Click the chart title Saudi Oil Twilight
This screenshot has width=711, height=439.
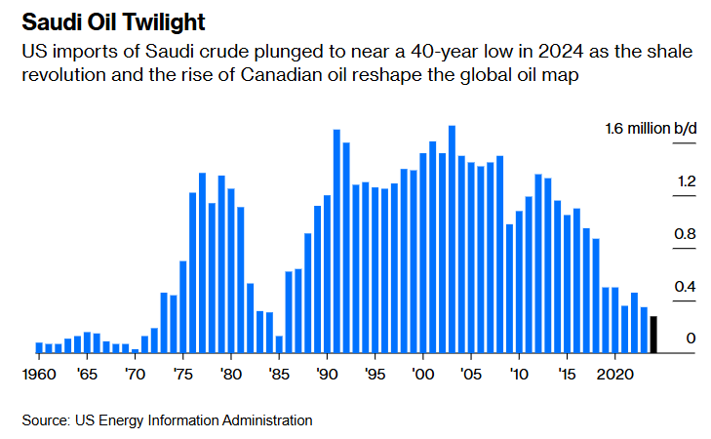108,20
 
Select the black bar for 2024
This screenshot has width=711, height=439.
653,335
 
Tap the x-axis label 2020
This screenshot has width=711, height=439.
614,374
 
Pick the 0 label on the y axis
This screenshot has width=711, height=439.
691,339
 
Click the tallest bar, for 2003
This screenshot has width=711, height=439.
452,239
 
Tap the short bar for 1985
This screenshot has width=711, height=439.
279,344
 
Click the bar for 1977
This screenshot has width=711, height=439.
202,263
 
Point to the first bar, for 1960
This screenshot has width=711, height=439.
39,347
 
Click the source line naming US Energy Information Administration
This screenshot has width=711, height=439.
167,420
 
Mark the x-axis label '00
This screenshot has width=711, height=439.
422,374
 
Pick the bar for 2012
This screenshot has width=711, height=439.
538,263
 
